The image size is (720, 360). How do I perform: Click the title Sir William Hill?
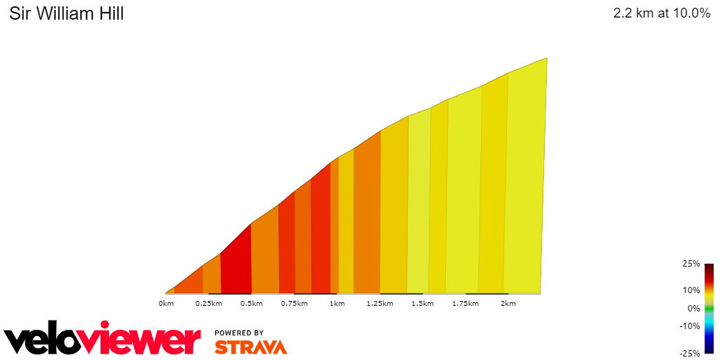pyautogui.click(x=67, y=14)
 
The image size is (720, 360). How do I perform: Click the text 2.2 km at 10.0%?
pyautogui.click(x=662, y=14)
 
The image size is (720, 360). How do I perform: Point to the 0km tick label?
pyautogui.click(x=166, y=304)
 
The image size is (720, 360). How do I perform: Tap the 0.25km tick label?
pyautogui.click(x=209, y=304)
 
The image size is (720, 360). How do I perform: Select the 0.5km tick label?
pyautogui.click(x=252, y=304)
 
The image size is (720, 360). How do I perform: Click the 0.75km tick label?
pyautogui.click(x=295, y=304)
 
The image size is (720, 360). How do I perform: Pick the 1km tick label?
pyautogui.click(x=337, y=304)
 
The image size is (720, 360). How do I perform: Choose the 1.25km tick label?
pyautogui.click(x=380, y=304)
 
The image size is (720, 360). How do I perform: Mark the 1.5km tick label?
pyautogui.click(x=423, y=304)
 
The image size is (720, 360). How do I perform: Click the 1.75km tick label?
pyautogui.click(x=465, y=304)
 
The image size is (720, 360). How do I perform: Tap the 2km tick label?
pyautogui.click(x=508, y=304)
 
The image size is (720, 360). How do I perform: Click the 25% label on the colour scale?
pyautogui.click(x=691, y=264)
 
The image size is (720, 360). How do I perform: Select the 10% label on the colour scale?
pyautogui.click(x=691, y=290)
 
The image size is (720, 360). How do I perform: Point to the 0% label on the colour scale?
pyautogui.click(x=693, y=308)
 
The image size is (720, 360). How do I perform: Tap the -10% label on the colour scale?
pyautogui.click(x=690, y=326)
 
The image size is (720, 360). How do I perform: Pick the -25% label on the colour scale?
pyautogui.click(x=690, y=353)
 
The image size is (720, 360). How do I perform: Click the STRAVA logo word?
pyautogui.click(x=250, y=347)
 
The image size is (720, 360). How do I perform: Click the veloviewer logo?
pyautogui.click(x=103, y=340)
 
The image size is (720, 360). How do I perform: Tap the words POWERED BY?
pyautogui.click(x=239, y=333)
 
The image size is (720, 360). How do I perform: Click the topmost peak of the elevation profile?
pyautogui.click(x=546, y=58)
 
